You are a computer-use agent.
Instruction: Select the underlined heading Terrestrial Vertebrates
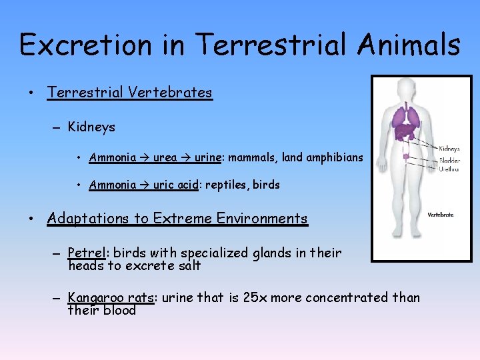(129, 93)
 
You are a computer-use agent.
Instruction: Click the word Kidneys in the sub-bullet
(91, 127)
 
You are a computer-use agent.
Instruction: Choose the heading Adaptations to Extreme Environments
(177, 219)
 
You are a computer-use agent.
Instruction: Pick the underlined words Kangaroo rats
(111, 297)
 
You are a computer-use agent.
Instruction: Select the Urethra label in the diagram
(449, 169)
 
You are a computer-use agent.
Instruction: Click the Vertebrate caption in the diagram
(440, 215)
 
